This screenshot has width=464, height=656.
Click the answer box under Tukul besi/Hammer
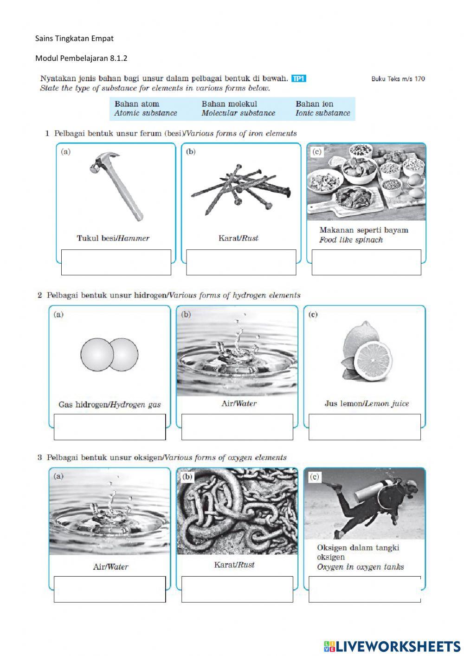point(116,262)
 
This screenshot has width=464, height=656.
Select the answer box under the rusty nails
point(241,262)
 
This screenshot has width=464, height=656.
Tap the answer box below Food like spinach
point(366,262)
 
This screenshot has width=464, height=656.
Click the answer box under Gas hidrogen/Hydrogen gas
point(110,427)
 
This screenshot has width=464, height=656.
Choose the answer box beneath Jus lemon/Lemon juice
point(364,427)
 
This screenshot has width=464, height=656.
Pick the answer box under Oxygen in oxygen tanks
point(364,589)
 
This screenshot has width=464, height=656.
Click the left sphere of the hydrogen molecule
point(97,354)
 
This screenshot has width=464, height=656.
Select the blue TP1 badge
point(299,78)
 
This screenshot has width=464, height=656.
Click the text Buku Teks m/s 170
point(398,79)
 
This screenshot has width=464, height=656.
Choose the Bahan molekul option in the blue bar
point(229,104)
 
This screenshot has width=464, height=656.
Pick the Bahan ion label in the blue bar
point(314,104)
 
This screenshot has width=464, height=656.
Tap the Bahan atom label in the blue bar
point(136,104)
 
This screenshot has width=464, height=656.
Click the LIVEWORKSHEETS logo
point(392,646)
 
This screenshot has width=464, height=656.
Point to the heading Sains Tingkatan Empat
point(74,39)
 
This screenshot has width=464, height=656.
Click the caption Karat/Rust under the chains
point(234,565)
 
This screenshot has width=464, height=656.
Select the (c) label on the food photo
point(316,151)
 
